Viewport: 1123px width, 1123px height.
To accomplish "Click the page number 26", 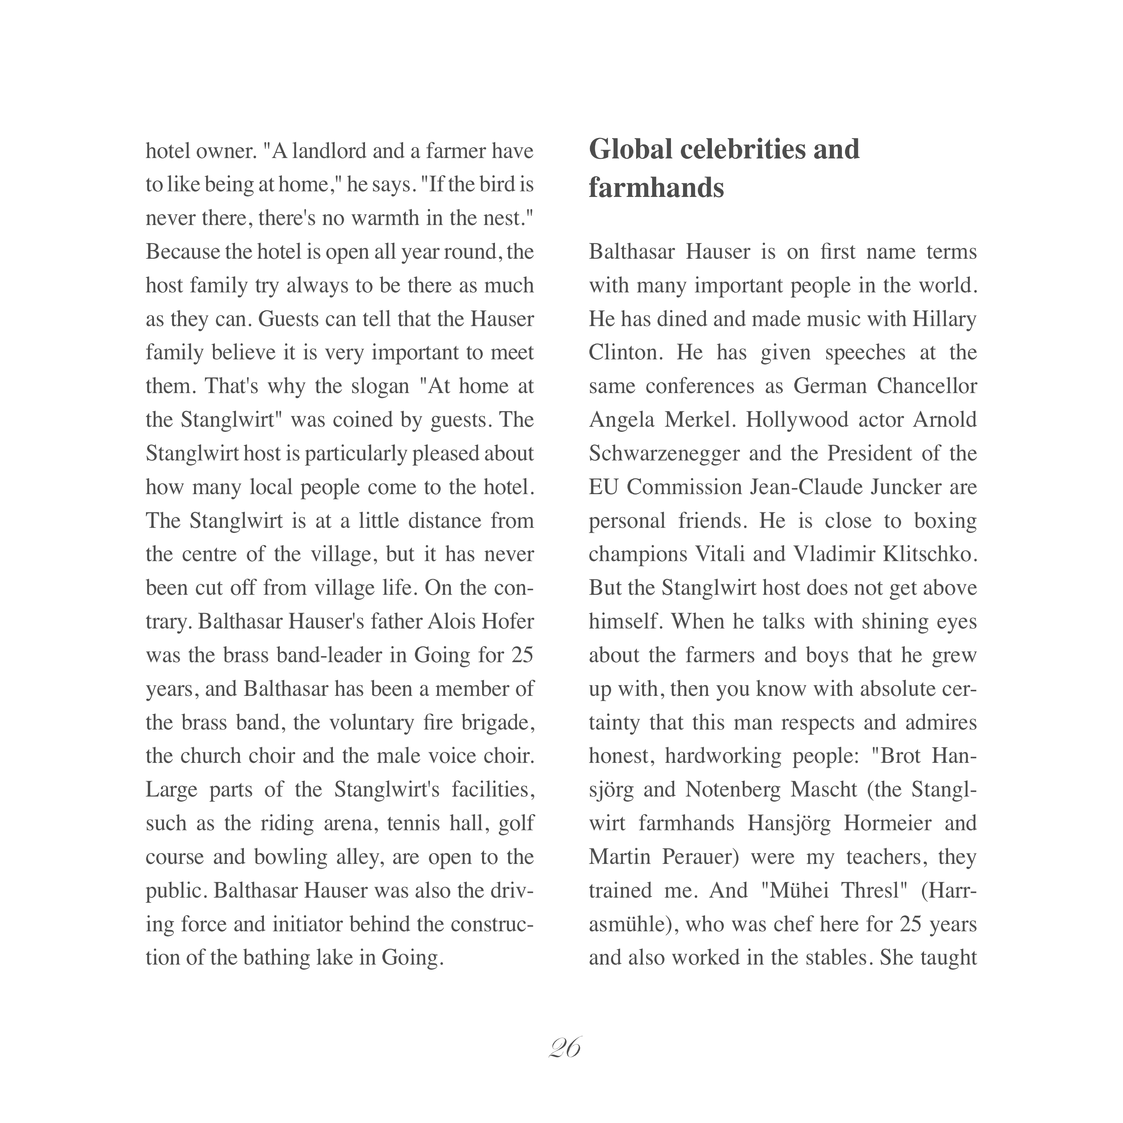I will (564, 1048).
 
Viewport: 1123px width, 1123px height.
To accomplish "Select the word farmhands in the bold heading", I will (656, 188).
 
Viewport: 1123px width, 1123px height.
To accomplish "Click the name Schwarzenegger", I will (664, 453).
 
